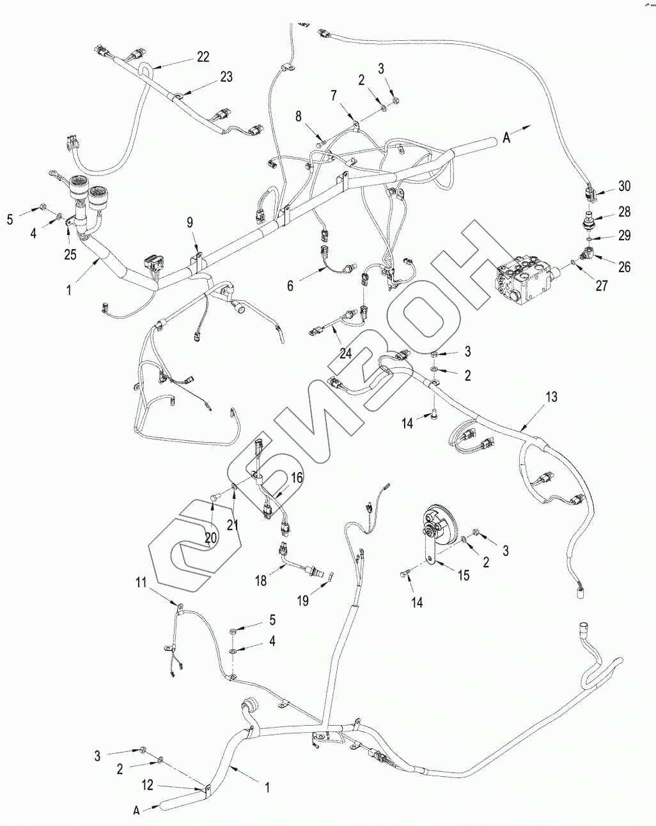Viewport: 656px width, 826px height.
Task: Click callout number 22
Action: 203,57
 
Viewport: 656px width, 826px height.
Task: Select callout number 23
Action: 226,77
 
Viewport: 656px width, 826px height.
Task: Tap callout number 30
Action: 624,186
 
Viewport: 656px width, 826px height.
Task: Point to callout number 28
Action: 624,211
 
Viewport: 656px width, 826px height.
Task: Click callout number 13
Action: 551,397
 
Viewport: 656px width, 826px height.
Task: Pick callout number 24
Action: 346,353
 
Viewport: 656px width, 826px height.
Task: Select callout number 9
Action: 189,223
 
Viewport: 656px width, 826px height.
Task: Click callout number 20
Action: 211,538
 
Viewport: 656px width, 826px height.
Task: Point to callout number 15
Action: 463,576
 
